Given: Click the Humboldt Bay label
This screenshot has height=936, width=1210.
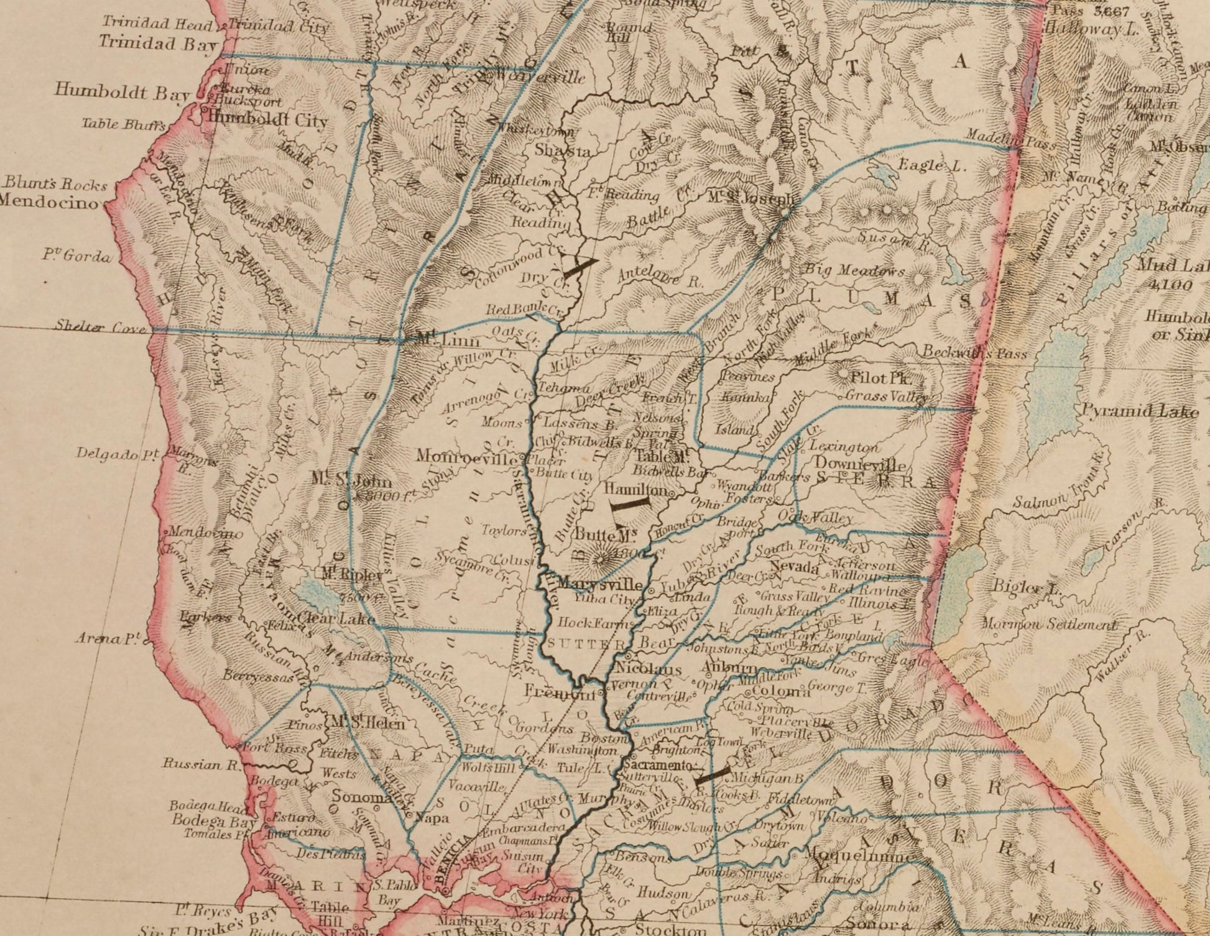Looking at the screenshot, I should [121, 91].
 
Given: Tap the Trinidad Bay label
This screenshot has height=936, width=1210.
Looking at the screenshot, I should [159, 43].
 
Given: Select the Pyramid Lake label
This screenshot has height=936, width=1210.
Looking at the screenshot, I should [1140, 411].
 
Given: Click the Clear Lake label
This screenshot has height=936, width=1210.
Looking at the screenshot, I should [336, 618].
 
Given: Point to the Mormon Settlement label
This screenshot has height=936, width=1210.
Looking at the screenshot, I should [1050, 625].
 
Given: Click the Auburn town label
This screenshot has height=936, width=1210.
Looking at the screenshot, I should [727, 668].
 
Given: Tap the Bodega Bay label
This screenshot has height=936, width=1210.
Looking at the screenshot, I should [213, 820].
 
